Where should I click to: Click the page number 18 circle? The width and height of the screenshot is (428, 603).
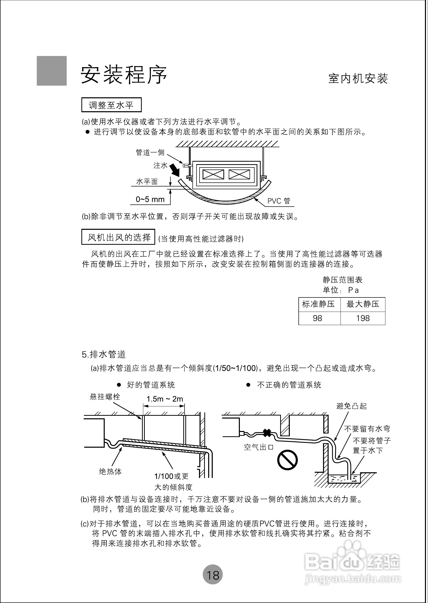(x=212, y=575)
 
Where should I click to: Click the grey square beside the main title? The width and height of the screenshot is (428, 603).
(x=52, y=71)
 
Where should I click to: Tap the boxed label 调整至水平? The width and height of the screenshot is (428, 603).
(x=111, y=105)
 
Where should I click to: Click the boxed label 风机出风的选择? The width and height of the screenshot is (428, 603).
(x=118, y=237)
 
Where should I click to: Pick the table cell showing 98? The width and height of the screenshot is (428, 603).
(x=317, y=318)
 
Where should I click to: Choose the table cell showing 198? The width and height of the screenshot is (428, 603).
(x=363, y=318)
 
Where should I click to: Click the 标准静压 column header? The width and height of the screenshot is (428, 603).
(x=318, y=304)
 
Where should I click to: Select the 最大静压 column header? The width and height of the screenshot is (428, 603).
(x=363, y=304)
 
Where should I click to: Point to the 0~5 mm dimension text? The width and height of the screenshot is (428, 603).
(x=150, y=199)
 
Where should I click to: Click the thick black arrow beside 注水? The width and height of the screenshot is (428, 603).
(x=174, y=170)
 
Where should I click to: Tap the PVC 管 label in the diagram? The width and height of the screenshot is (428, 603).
(x=279, y=201)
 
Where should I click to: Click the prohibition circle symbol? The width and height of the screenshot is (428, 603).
(x=287, y=460)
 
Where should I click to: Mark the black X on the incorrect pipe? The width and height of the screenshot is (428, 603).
(x=267, y=433)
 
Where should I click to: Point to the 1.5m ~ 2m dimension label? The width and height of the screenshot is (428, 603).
(x=165, y=399)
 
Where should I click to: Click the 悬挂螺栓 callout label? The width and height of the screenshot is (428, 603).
(x=105, y=397)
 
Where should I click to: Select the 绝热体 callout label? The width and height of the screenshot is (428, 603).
(x=111, y=471)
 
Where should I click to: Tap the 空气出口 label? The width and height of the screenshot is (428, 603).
(x=259, y=447)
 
